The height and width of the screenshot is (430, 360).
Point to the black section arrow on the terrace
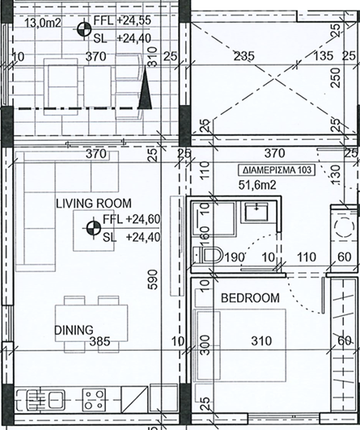[145, 92]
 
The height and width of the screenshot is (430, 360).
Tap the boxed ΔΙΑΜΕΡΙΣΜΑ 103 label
[276, 171]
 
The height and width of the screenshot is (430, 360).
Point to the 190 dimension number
[234, 258]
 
